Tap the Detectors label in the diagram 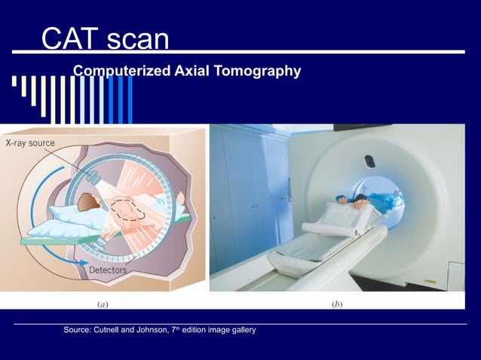pyautogui.click(x=109, y=270)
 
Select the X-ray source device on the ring pyautogui.click(x=94, y=177)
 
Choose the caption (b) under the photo pyautogui.click(x=339, y=305)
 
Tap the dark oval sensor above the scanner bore pyautogui.click(x=369, y=160)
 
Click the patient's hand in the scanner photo pyautogui.click(x=343, y=200)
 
